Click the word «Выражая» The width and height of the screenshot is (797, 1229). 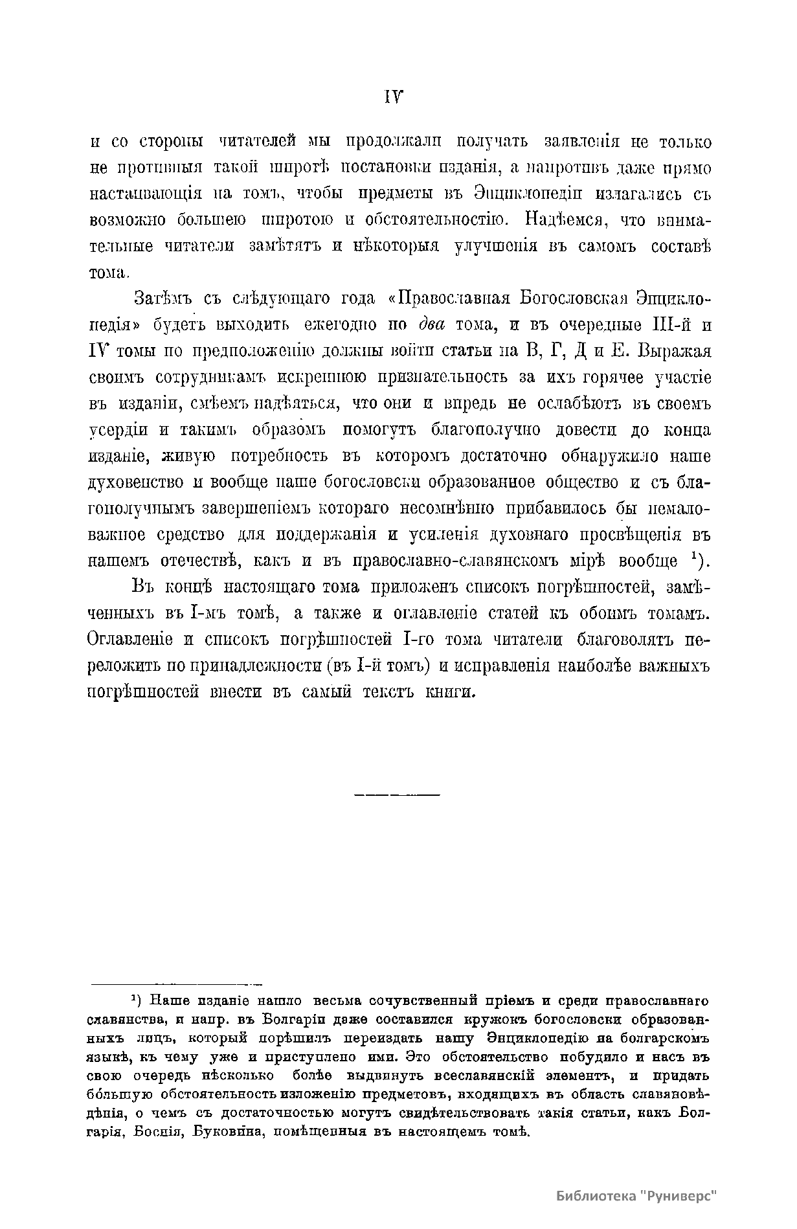pos(674,351)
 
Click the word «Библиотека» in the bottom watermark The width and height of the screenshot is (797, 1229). pos(596,1196)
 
